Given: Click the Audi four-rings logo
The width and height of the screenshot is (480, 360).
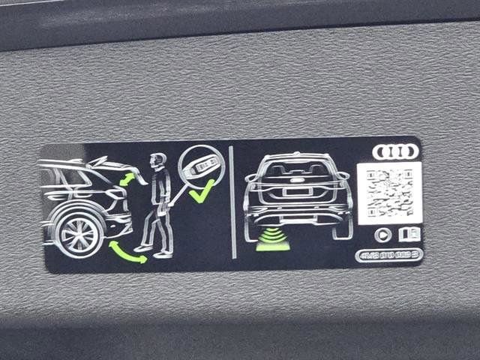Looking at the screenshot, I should pyautogui.click(x=395, y=151).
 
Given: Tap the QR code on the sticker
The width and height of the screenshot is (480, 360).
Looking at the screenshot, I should pyautogui.click(x=388, y=193).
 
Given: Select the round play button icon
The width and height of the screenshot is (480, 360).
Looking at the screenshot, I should pyautogui.click(x=382, y=235).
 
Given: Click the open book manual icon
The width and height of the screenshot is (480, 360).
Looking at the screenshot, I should pyautogui.click(x=409, y=234).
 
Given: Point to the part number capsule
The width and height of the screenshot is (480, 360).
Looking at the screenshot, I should pyautogui.click(x=388, y=255).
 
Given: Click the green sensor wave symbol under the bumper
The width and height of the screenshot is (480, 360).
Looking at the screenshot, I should pyautogui.click(x=271, y=240).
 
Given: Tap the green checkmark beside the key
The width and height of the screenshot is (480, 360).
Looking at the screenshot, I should pyautogui.click(x=200, y=194).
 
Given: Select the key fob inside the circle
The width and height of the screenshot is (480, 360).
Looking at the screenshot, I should pyautogui.click(x=202, y=166).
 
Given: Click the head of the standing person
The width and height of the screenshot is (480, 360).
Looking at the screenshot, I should pyautogui.click(x=157, y=161).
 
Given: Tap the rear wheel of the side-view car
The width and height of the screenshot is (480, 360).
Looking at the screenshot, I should pyautogui.click(x=79, y=232).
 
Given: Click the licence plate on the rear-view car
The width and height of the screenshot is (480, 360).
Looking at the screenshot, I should pyautogui.click(x=298, y=192).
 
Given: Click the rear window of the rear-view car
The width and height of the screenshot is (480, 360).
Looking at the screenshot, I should pyautogui.click(x=298, y=168).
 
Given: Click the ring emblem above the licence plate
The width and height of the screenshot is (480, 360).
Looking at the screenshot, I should pyautogui.click(x=298, y=181).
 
